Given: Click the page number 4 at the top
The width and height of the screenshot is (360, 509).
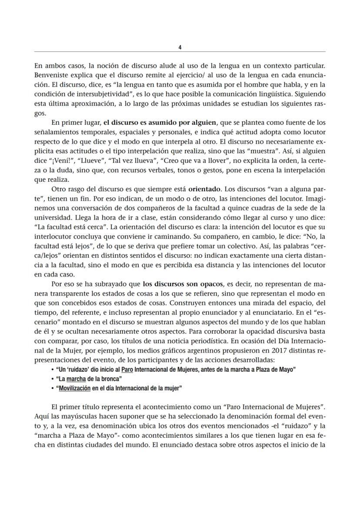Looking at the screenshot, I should [x=180, y=47].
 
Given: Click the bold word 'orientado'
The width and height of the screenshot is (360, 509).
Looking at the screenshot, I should [x=205, y=190].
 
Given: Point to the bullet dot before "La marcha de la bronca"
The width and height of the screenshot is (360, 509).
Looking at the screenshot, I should [x=53, y=379].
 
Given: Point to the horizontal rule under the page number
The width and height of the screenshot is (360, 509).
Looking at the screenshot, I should [x=180, y=52].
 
